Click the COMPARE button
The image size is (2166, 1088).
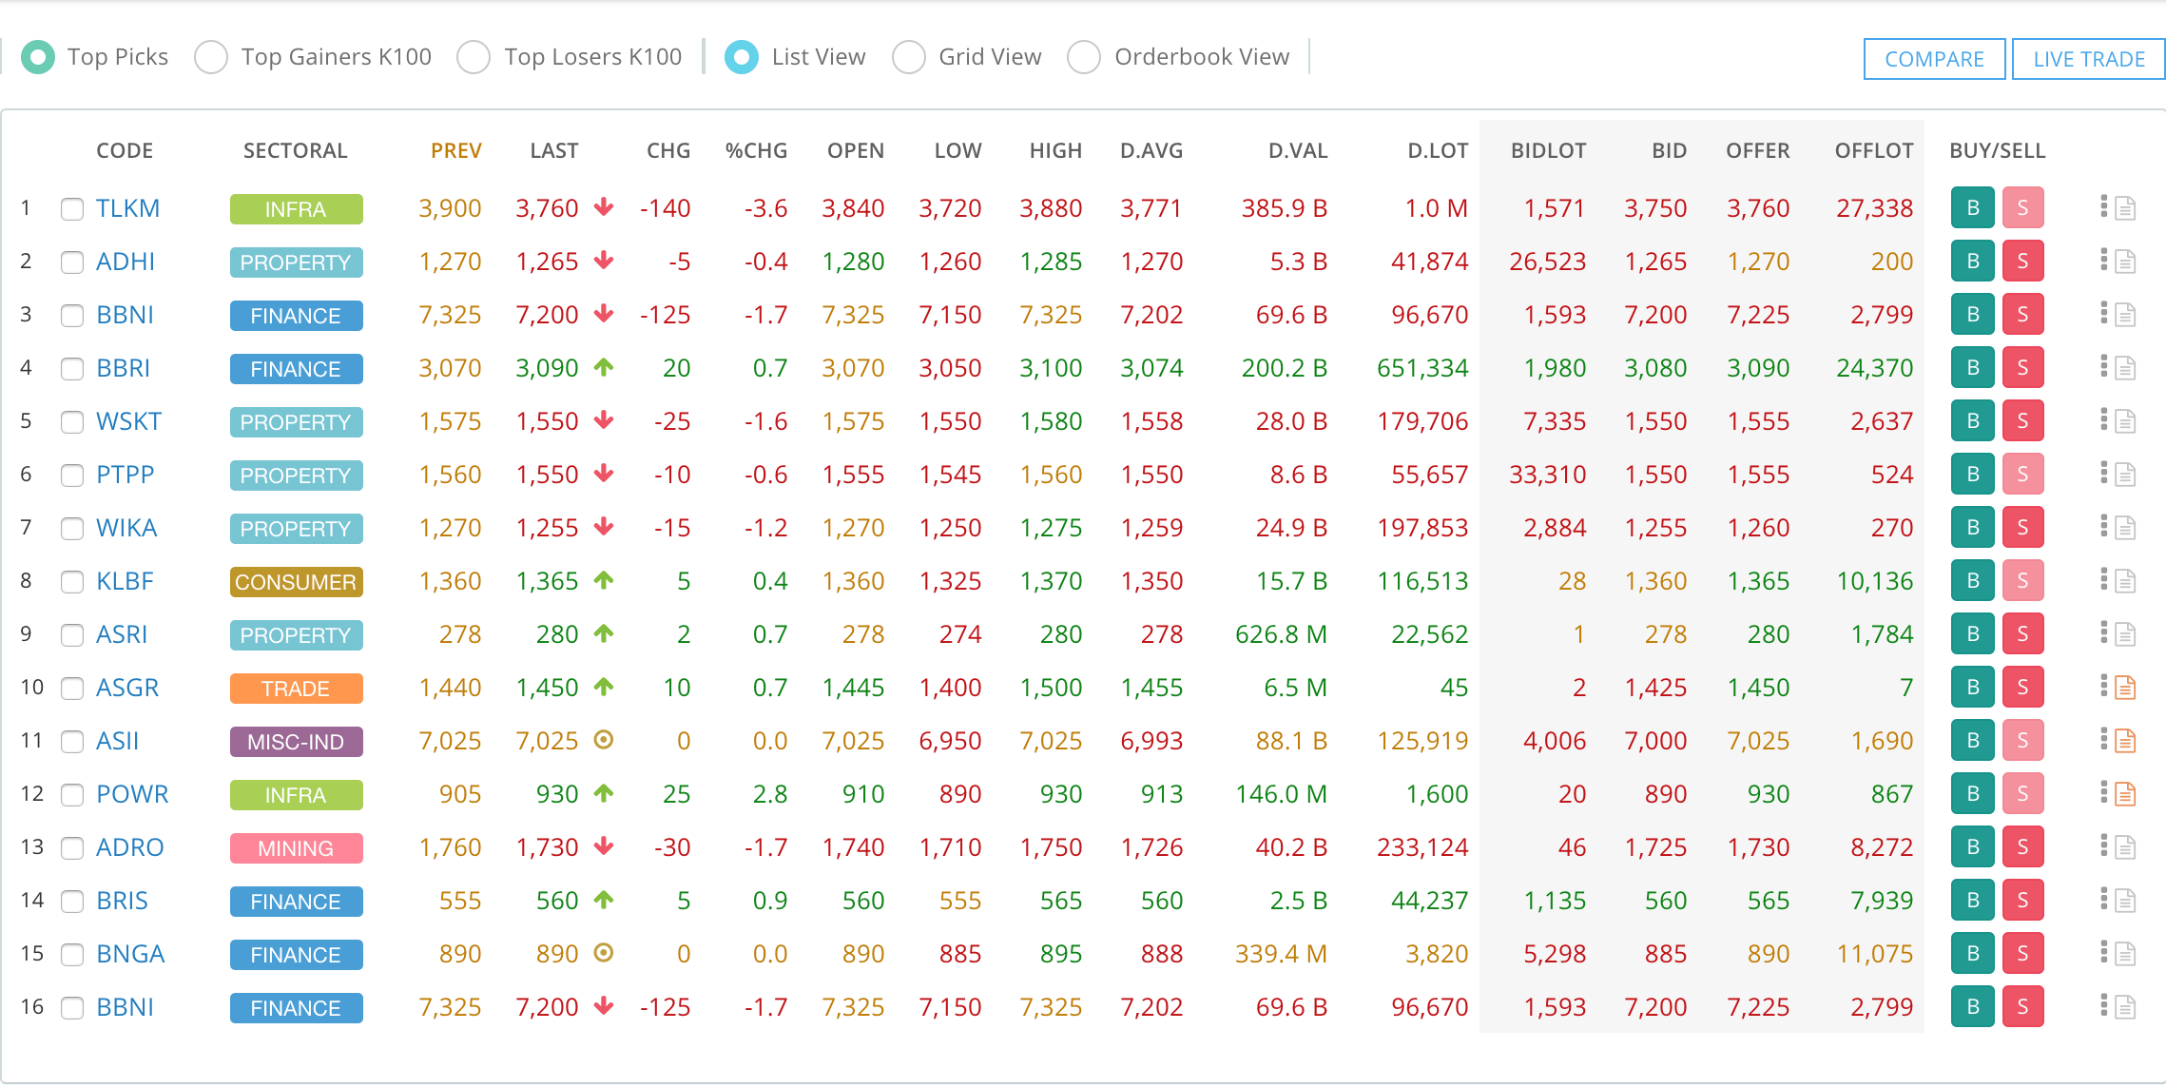point(1934,59)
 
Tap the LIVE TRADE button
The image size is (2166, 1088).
point(2088,59)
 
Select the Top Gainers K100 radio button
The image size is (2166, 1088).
point(211,57)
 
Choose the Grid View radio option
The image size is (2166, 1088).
point(909,57)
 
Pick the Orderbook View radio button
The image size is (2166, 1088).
point(1084,57)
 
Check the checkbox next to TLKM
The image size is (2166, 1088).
point(72,209)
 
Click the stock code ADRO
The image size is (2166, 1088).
point(129,847)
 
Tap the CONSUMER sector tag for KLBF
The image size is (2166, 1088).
point(296,582)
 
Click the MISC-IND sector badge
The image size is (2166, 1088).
point(296,742)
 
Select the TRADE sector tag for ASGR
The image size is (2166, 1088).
point(296,689)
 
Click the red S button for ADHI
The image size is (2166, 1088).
point(2022,262)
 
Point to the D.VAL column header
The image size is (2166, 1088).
point(1297,150)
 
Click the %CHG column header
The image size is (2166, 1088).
point(756,150)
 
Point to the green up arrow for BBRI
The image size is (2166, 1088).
point(603,366)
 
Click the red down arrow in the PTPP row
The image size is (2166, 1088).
point(603,473)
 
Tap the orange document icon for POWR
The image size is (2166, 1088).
point(2125,794)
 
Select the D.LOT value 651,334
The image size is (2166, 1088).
point(1422,368)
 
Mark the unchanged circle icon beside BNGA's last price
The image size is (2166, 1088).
point(603,952)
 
